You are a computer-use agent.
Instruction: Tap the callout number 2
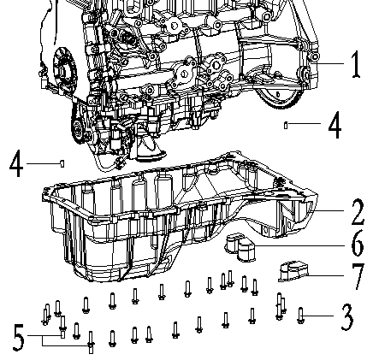coord(356,209)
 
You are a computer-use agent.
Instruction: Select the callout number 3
coord(346,320)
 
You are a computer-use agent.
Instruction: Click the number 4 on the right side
coord(335,125)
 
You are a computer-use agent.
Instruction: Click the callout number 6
coord(357,243)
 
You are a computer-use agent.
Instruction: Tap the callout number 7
coord(358,277)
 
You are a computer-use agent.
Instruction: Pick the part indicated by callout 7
coord(295,271)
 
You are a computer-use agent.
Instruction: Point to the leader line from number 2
coord(329,209)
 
